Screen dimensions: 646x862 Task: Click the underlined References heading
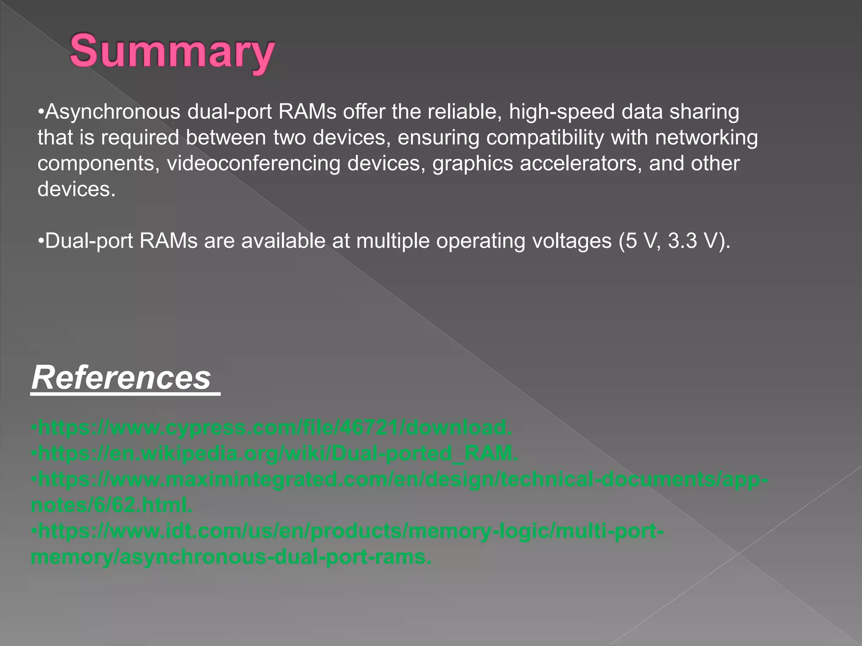point(122,377)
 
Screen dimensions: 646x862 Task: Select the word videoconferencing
point(254,164)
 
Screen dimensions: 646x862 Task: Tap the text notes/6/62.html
point(112,505)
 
